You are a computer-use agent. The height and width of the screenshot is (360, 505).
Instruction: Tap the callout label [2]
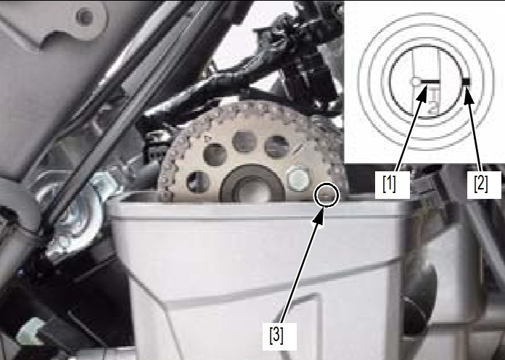[x=481, y=184]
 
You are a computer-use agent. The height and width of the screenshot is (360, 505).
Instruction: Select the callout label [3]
[x=276, y=336]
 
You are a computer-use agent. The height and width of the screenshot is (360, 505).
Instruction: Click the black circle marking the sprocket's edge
[x=327, y=194]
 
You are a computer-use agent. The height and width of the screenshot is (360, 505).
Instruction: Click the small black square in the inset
[x=466, y=82]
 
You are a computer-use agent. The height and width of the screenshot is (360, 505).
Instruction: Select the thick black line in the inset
[x=430, y=81]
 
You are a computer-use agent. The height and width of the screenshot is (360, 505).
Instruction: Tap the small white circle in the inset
[x=416, y=81]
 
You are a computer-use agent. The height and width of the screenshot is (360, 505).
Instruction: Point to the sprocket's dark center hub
[x=252, y=185]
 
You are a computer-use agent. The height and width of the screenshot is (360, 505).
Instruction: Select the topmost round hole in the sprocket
[x=244, y=142]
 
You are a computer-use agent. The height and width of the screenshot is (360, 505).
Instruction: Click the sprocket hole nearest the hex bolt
[x=276, y=147]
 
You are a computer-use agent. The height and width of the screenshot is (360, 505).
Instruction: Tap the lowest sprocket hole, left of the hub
[x=198, y=182]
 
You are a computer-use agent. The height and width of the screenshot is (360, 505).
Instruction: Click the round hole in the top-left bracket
[x=84, y=17]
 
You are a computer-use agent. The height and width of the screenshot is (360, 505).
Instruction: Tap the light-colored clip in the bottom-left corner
[x=31, y=331]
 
